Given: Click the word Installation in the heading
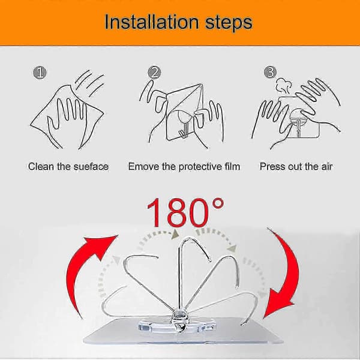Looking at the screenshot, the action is pyautogui.click(x=152, y=22).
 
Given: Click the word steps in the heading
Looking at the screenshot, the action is pyautogui.click(x=229, y=23).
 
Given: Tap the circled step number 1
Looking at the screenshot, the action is pyautogui.click(x=40, y=73).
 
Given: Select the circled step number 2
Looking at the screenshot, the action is pyautogui.click(x=154, y=73).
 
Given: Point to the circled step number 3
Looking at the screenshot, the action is pyautogui.click(x=270, y=73).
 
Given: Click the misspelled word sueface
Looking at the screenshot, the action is pyautogui.click(x=91, y=166).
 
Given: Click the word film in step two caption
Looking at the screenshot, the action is pyautogui.click(x=232, y=166).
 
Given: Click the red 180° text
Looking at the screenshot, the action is pyautogui.click(x=185, y=212).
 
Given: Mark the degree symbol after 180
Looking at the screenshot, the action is pyautogui.click(x=217, y=204).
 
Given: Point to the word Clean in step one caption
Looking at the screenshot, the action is pyautogui.click(x=41, y=166).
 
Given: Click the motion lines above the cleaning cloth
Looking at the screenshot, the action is pyautogui.click(x=89, y=83).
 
